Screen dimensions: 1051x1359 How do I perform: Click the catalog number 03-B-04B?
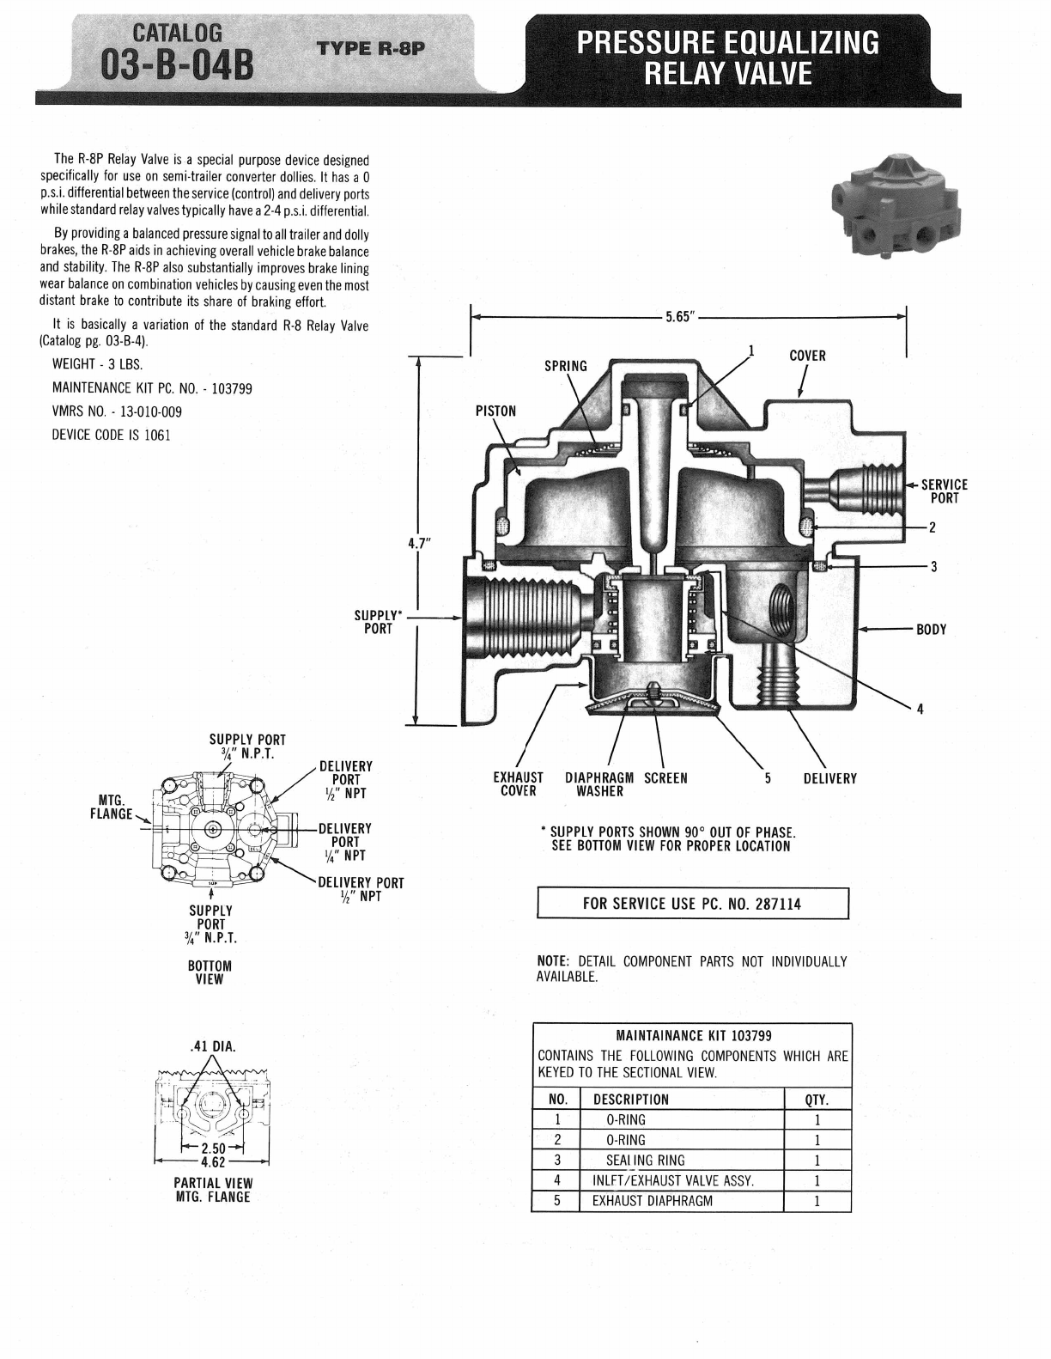click(x=178, y=68)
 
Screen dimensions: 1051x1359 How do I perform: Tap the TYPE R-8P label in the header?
click(x=371, y=48)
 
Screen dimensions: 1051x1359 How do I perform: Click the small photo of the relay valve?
click(x=896, y=204)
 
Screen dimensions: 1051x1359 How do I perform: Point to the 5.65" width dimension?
click(x=680, y=316)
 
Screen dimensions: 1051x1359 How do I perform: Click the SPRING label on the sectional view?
click(x=566, y=366)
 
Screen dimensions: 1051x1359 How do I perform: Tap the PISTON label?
click(x=495, y=411)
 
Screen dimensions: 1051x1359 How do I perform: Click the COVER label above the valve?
click(x=807, y=356)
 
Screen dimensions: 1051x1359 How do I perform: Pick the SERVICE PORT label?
click(x=945, y=491)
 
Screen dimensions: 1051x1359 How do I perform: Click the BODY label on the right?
click(x=931, y=629)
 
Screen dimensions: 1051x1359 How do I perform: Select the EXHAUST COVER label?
click(x=518, y=784)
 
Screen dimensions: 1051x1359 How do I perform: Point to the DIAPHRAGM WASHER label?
click(x=599, y=784)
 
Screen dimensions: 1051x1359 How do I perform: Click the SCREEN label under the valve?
click(x=665, y=778)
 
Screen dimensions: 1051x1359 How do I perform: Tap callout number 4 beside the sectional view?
click(x=920, y=710)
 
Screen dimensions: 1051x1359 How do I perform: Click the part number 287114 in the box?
click(x=777, y=904)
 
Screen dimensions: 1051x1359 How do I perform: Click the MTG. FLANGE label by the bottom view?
click(x=112, y=807)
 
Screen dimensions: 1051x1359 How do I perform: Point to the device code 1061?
click(x=157, y=435)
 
